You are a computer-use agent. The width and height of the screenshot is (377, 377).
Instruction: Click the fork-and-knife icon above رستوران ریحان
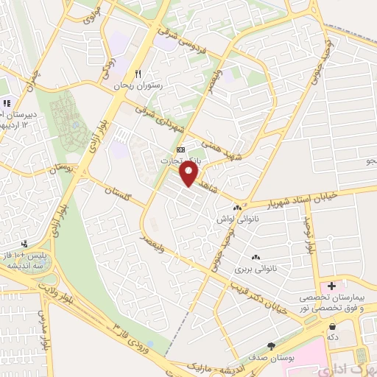138,74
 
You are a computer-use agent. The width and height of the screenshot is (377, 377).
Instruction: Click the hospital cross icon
332,285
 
